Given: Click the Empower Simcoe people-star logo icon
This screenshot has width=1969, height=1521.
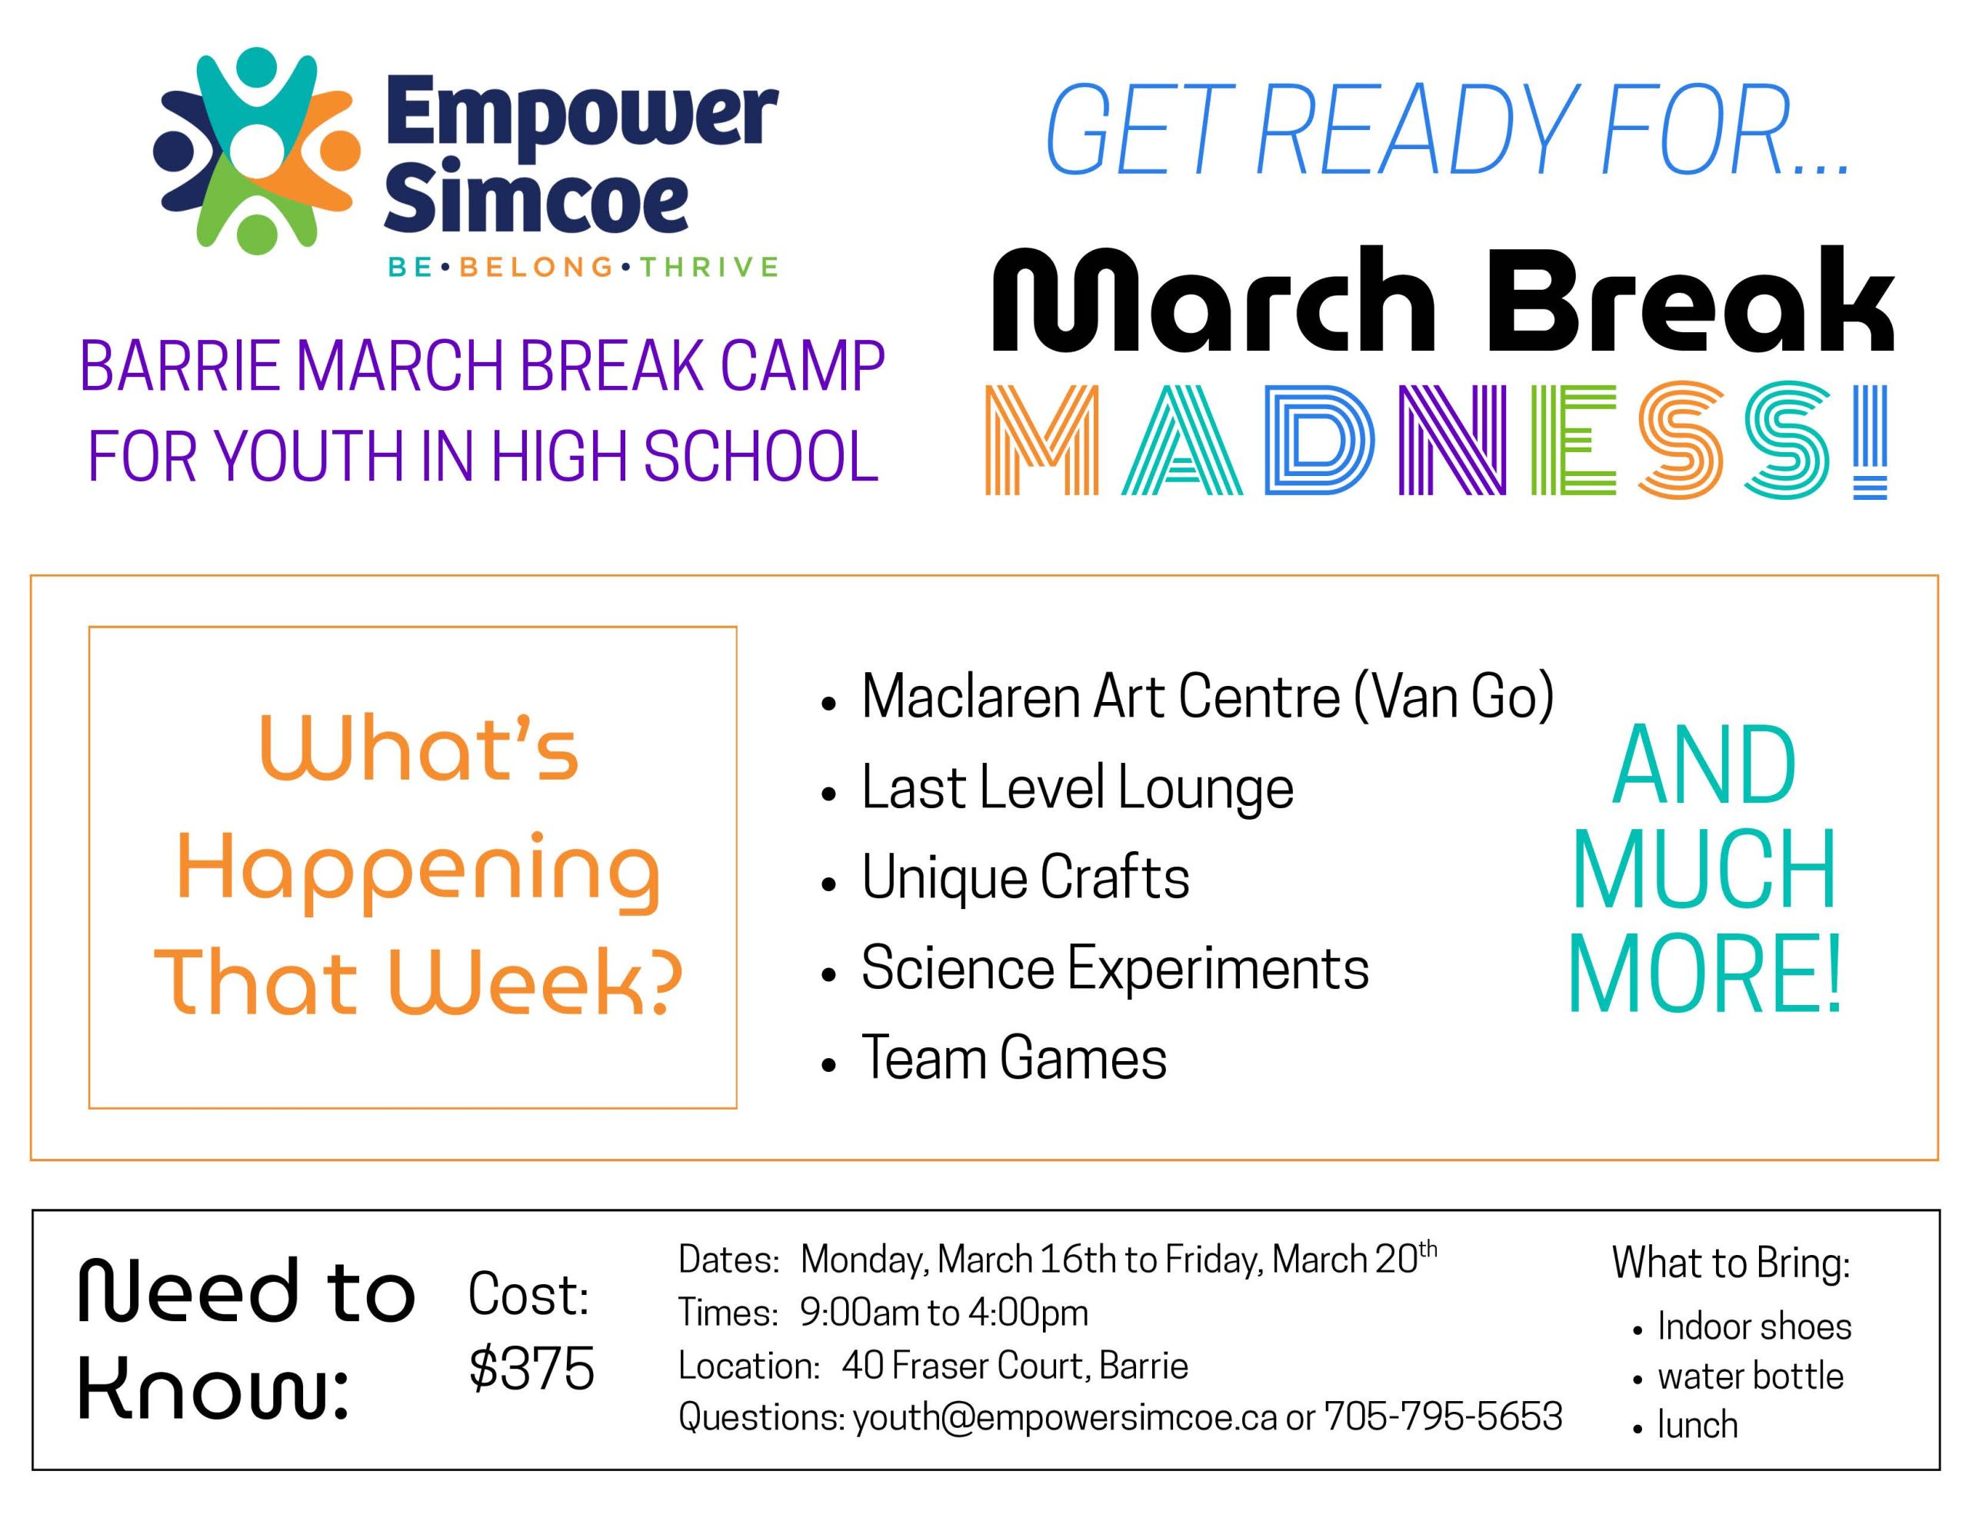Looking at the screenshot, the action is coord(258,151).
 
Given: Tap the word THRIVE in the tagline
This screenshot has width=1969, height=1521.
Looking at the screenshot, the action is coord(708,267).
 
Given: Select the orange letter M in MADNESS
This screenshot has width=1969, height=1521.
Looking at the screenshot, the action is coord(1041,440).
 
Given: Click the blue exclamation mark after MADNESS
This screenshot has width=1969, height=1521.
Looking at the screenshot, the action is coord(1873,441).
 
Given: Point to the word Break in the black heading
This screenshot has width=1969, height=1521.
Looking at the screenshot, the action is coord(1691,299).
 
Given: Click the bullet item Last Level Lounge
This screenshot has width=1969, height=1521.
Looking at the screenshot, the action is coord(1078,787).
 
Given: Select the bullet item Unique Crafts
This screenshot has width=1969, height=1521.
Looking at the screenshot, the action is coord(1025,877).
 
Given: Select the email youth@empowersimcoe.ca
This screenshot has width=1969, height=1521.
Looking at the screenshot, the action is coord(1065,1417).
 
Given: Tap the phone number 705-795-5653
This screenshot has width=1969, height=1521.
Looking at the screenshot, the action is coord(1444,1416).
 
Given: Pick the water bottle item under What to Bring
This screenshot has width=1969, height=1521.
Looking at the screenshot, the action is coord(1751,1376).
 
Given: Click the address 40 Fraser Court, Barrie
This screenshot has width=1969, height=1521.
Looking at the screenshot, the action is coord(1015,1366).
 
